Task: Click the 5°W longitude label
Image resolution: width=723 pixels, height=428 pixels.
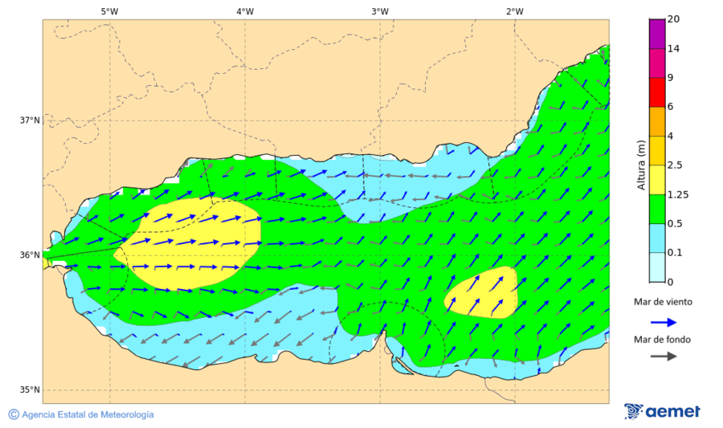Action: click(x=109, y=11)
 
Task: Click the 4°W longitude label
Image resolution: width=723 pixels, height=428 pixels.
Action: click(x=245, y=11)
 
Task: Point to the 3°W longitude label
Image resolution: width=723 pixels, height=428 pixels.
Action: click(x=380, y=11)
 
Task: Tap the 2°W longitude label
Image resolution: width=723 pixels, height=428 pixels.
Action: click(x=515, y=11)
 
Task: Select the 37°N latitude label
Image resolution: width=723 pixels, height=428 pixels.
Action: click(x=30, y=120)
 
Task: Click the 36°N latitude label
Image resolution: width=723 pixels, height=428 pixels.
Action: click(x=30, y=255)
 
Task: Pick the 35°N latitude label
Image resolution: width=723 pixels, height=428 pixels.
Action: click(x=30, y=390)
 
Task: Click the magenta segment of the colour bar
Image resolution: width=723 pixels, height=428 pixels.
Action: click(x=657, y=34)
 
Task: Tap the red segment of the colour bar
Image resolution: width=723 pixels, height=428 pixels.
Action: click(x=657, y=92)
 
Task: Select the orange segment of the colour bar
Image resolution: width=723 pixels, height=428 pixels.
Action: click(x=657, y=121)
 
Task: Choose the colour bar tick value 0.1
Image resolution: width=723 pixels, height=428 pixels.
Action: click(x=675, y=252)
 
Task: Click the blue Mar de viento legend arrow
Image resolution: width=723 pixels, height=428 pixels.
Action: click(x=663, y=320)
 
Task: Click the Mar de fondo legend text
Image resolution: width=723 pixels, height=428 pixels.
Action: click(x=662, y=339)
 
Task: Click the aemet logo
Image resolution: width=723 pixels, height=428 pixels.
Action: click(x=662, y=411)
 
